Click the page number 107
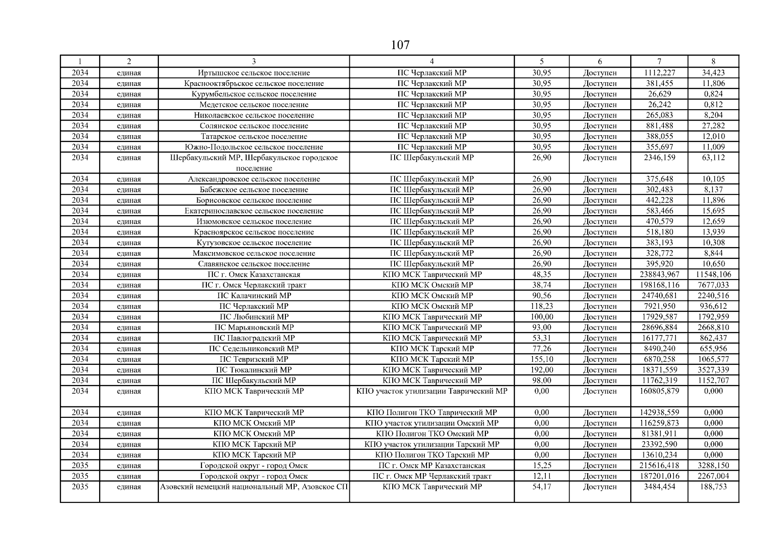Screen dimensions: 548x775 coord(400,45)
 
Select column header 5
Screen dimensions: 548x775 coord(542,62)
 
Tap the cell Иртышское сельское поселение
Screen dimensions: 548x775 coord(254,73)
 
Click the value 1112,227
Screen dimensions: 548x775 coord(659,73)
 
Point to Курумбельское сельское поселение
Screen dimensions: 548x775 coord(254,94)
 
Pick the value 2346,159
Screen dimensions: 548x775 coord(659,158)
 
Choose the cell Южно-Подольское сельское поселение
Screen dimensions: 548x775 coord(254,147)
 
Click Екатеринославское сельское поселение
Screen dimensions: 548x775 coord(254,211)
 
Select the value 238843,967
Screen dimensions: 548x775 coord(659,274)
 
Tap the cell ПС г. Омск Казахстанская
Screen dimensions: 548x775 coord(254,274)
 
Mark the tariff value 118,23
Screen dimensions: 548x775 coord(542,306)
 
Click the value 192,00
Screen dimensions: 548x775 coord(542,370)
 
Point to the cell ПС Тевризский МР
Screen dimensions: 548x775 coord(254,359)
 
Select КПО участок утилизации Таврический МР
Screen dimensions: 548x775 coord(432,391)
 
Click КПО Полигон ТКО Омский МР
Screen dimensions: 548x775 coord(432,434)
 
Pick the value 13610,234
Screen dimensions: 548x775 coord(659,455)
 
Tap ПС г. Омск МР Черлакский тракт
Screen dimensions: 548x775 coord(432,476)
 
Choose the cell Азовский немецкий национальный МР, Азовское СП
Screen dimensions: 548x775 coord(254,487)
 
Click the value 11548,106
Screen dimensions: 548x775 coord(713,274)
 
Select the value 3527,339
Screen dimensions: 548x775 coord(713,370)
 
